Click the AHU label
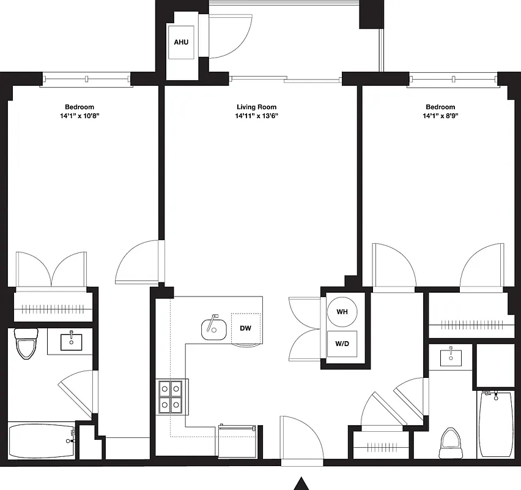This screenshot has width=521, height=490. tap(181, 43)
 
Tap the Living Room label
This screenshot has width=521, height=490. tap(256, 107)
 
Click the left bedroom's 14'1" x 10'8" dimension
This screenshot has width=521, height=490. tap(79, 116)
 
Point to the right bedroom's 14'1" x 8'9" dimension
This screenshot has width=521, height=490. tap(440, 116)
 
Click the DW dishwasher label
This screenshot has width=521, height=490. tap(245, 328)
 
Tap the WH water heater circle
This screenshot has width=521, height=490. tap(342, 312)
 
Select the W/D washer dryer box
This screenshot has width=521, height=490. tap(342, 344)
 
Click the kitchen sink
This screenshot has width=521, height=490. tap(213, 330)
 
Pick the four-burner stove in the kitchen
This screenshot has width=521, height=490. tap(171, 397)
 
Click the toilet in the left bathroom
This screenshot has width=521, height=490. tap(26, 344)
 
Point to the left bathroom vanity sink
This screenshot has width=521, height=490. tap(72, 341)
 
